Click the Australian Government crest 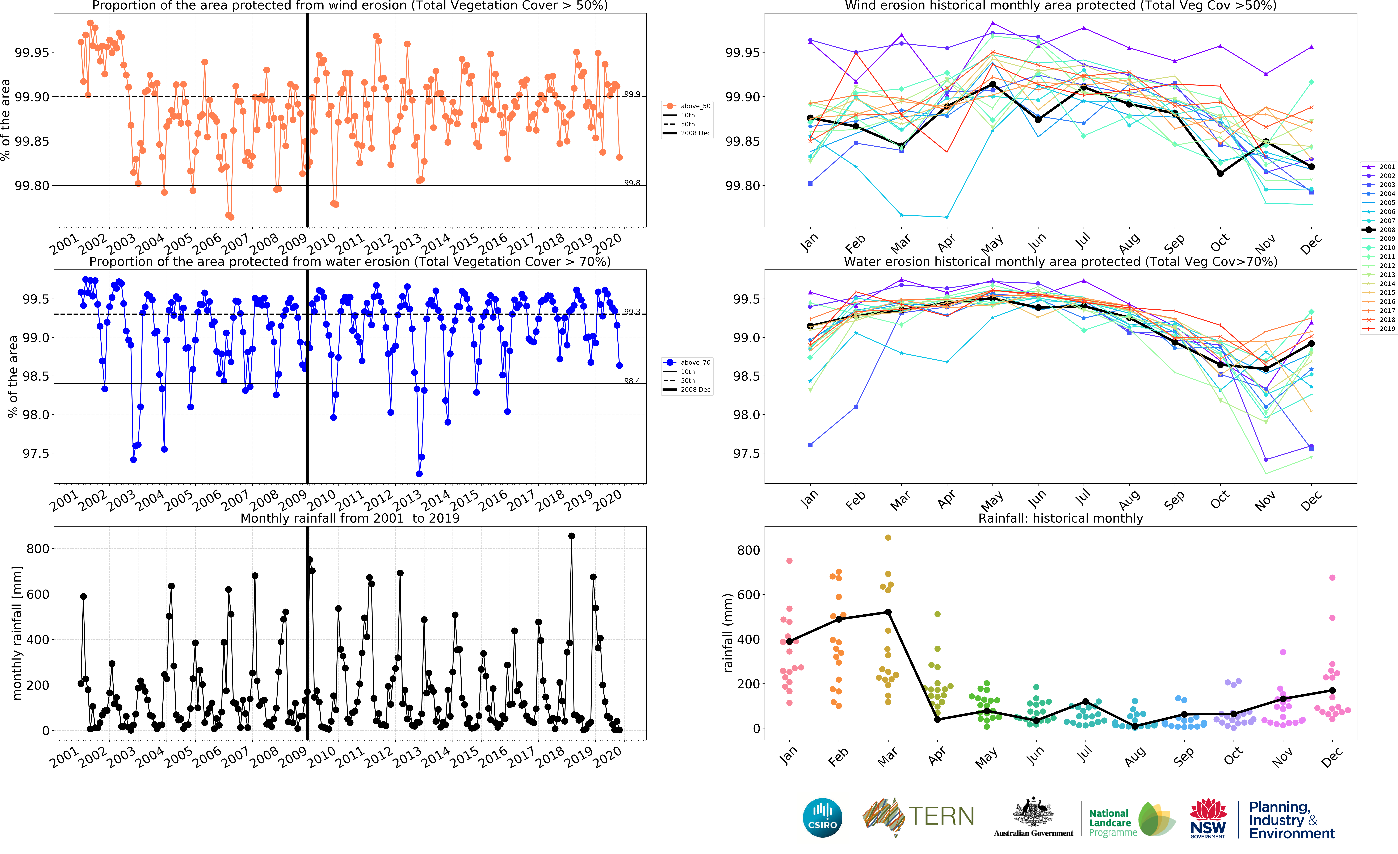tap(1033, 813)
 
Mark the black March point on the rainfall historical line tap(888, 612)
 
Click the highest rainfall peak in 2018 tap(571, 536)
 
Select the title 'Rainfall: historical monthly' tap(1060, 518)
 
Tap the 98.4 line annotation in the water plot tap(632, 381)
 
